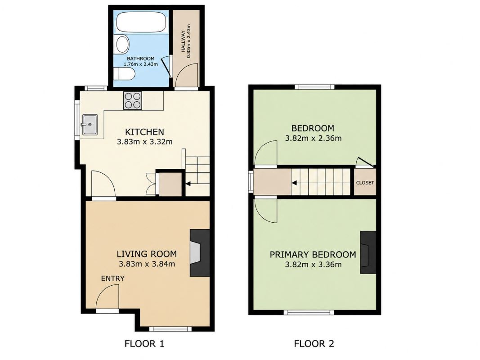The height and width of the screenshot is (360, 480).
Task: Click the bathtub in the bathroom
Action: pyautogui.click(x=141, y=22)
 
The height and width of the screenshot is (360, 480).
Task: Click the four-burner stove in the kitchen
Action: pyautogui.click(x=133, y=100)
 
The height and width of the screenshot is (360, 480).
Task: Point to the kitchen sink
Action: pyautogui.click(x=90, y=125)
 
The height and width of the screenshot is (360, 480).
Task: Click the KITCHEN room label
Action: pyautogui.click(x=144, y=132)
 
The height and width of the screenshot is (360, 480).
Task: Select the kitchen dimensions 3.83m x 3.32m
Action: pyautogui.click(x=144, y=142)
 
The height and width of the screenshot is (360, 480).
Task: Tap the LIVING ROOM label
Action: pyautogui.click(x=147, y=254)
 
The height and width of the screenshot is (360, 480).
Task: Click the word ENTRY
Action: pyautogui.click(x=112, y=279)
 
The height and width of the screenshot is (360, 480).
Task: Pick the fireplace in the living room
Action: pyautogui.click(x=200, y=253)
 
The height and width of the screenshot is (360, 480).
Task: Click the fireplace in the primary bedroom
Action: pyautogui.click(x=368, y=252)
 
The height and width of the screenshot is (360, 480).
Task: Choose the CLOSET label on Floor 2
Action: pyautogui.click(x=365, y=183)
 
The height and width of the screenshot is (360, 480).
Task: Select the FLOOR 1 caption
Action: pyautogui.click(x=144, y=344)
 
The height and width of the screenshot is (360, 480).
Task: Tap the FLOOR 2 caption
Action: pyautogui.click(x=314, y=344)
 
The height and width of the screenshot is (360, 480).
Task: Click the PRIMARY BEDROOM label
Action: pyautogui.click(x=313, y=254)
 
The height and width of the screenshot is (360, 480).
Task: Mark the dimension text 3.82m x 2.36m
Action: pyautogui.click(x=313, y=138)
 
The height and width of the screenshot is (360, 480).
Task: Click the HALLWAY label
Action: pyautogui.click(x=183, y=41)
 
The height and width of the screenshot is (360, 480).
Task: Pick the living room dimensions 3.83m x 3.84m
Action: pyautogui.click(x=147, y=264)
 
